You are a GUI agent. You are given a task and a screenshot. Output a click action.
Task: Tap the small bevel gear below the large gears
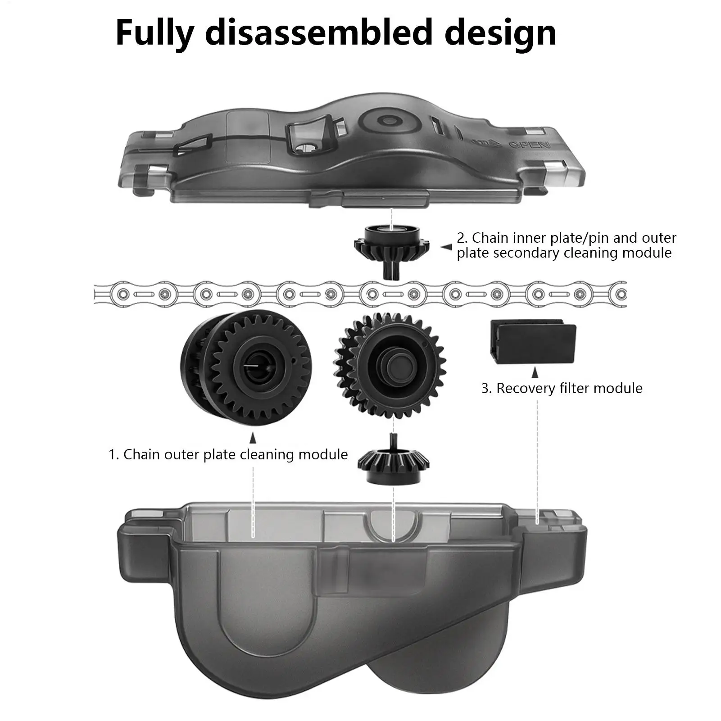pyautogui.click(x=393, y=464)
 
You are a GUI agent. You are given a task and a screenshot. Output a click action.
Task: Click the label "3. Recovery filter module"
pyautogui.click(x=562, y=388)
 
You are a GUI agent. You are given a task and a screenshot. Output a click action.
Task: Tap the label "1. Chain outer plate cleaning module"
pyautogui.click(x=228, y=454)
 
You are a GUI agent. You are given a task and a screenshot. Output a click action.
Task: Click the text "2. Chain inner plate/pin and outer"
pyautogui.click(x=566, y=238)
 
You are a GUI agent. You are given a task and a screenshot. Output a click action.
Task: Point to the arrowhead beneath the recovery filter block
pyautogui.click(x=535, y=373)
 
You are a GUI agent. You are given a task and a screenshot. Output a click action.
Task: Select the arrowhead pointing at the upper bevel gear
pyautogui.click(x=446, y=247)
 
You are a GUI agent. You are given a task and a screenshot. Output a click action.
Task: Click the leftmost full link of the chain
pyautogui.click(x=144, y=295)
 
